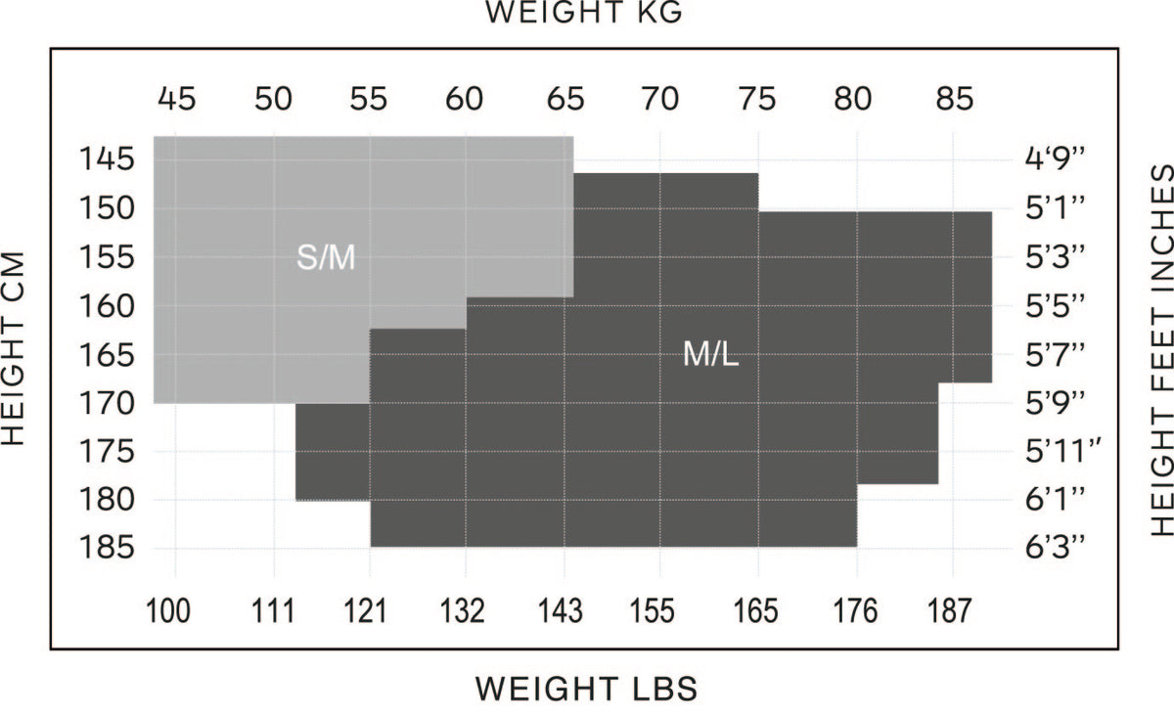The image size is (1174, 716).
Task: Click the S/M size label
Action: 326,259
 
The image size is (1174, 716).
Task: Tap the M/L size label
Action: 711,355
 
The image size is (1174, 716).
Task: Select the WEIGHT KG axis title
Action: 585,14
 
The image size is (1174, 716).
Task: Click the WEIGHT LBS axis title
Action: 586,689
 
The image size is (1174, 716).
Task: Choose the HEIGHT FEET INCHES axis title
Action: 1160,350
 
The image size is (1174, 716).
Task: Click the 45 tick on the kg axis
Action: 176,99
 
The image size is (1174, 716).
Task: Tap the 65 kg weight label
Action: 564,99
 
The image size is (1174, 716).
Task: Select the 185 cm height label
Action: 101,547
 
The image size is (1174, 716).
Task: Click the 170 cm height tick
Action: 101,401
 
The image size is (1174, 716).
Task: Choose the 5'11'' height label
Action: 1064,451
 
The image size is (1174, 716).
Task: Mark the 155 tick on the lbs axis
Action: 653,611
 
